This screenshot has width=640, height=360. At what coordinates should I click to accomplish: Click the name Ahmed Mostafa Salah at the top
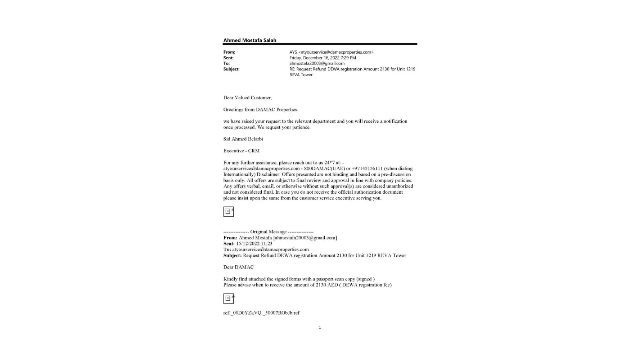pos(249,40)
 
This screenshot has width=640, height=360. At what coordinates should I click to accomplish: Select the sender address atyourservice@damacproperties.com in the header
pos(336,52)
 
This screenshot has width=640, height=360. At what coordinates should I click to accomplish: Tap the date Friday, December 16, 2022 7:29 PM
pos(323,58)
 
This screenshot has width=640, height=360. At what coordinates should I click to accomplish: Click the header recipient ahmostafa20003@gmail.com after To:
pos(317,63)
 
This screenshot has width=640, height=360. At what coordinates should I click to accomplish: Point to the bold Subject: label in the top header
pos(231,69)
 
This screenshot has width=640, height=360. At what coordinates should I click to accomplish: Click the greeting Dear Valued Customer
pos(247,98)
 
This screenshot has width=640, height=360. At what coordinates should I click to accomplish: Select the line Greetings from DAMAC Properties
pos(261,109)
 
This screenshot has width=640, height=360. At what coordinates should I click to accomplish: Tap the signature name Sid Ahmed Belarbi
pos(243,139)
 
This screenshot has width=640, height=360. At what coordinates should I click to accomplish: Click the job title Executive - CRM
pos(241,151)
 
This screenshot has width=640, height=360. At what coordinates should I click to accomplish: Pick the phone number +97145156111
pos(367,168)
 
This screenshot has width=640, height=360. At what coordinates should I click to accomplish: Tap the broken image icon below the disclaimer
pos(228,212)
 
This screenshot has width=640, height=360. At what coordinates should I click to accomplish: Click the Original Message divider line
pos(268,232)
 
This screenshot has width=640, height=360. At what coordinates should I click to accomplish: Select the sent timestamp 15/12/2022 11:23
pos(254,244)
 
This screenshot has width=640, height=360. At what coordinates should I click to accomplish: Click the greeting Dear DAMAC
pos(238,267)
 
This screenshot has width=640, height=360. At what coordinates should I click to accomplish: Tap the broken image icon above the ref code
pos(228,298)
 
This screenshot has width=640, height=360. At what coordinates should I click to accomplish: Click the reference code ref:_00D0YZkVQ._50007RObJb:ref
pos(261,313)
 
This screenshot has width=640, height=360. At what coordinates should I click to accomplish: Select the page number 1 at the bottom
pos(320,328)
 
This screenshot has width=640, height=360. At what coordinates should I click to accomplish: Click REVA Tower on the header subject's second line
pos(301,75)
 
